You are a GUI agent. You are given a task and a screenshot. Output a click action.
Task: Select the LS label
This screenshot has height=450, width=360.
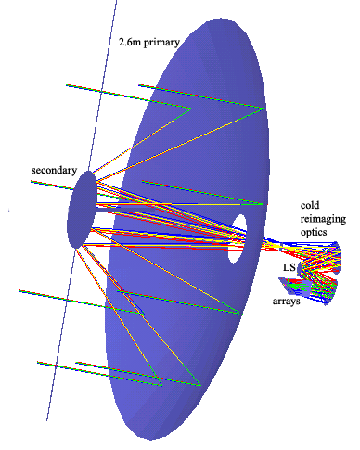tap(289, 267)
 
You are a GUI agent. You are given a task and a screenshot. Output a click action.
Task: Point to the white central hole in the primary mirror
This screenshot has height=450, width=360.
tap(238, 237)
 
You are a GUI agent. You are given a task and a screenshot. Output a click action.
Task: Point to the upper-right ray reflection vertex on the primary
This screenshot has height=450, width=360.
tap(263, 109)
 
